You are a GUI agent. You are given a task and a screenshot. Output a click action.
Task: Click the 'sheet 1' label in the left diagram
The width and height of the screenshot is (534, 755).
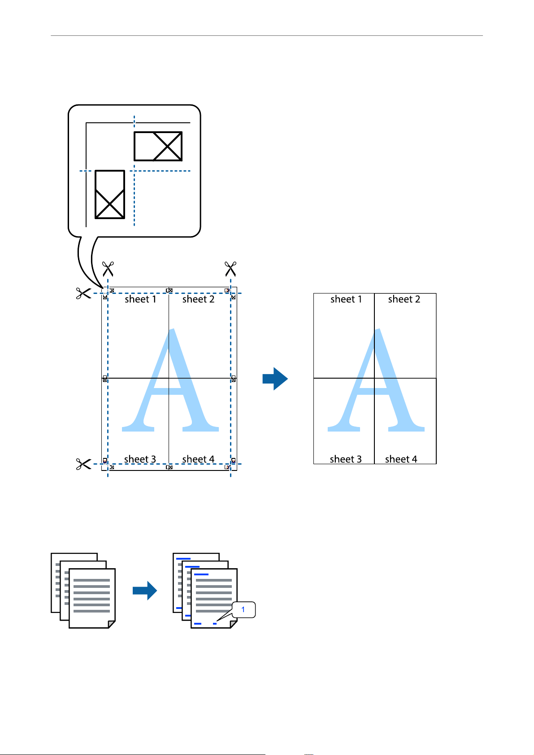click(140, 299)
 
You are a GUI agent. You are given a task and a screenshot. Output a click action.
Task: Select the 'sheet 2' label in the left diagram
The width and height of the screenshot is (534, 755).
click(198, 299)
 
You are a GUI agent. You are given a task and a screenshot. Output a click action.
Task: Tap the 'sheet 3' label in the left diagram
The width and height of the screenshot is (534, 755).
click(140, 459)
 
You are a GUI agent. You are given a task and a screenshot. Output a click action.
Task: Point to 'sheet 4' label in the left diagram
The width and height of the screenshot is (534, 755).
click(198, 459)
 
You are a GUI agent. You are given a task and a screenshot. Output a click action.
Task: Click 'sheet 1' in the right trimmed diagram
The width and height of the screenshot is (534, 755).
click(346, 299)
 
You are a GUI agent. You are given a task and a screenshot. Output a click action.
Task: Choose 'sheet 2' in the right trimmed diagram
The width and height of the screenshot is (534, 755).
click(404, 299)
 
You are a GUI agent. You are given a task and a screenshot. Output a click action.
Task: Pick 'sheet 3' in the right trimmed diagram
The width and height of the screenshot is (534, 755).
click(346, 459)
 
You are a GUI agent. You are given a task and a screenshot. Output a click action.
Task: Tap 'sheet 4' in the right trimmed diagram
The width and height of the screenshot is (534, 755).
click(401, 459)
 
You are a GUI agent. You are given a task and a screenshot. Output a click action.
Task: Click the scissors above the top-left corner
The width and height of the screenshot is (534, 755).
click(108, 269)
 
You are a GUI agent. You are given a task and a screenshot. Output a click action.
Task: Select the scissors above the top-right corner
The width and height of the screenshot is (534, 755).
click(230, 269)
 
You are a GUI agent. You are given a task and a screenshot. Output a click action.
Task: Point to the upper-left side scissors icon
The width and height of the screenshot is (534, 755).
click(84, 293)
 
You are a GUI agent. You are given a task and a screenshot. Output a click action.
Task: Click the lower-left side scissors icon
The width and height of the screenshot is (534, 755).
click(84, 464)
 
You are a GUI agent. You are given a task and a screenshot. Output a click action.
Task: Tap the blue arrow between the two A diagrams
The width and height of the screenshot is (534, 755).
click(275, 379)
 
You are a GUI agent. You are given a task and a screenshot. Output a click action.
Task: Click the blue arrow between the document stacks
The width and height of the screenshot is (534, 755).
click(145, 591)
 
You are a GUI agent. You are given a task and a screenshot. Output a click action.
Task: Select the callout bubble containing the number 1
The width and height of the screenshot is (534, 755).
click(243, 610)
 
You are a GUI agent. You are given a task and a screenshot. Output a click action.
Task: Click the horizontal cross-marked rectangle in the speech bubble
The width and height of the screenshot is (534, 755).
click(158, 146)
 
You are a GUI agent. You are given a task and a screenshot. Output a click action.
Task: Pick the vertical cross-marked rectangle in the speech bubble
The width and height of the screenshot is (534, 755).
click(110, 194)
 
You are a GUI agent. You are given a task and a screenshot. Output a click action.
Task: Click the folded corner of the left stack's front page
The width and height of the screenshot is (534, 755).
click(111, 625)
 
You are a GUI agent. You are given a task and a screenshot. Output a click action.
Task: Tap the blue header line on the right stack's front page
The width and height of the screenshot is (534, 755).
click(201, 574)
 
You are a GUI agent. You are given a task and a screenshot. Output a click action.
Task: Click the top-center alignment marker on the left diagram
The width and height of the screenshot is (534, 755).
click(169, 290)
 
